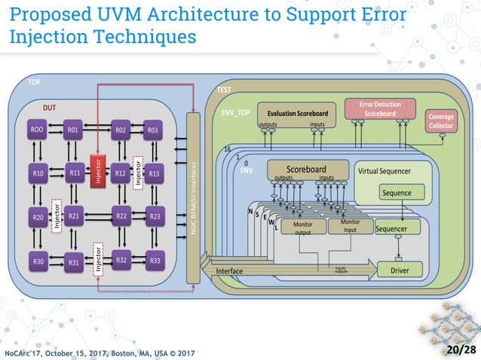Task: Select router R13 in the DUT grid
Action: pyautogui.click(x=153, y=173)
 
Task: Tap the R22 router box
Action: pyautogui.click(x=121, y=217)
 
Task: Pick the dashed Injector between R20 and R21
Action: pyautogui.click(x=56, y=216)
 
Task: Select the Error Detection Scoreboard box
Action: pyautogui.click(x=380, y=108)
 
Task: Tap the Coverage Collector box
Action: pyautogui.click(x=440, y=121)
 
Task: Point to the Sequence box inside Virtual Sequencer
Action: pyautogui.click(x=396, y=193)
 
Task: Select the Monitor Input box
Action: pyautogui.click(x=350, y=226)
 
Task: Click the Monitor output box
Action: pyautogui.click(x=302, y=228)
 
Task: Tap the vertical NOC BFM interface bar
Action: pyautogui.click(x=194, y=200)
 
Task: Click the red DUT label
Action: pyautogui.click(x=49, y=108)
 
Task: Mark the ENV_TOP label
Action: pyautogui.click(x=235, y=112)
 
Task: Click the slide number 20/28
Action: pyautogui.click(x=460, y=350)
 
